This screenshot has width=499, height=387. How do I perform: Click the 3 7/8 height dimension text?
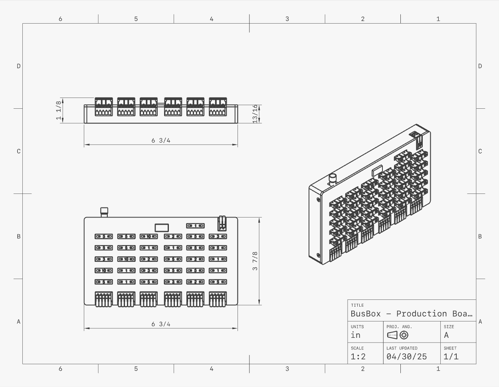point(255,261)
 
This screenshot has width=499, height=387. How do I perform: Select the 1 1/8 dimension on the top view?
point(59,110)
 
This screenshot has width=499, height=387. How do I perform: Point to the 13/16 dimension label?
point(255,114)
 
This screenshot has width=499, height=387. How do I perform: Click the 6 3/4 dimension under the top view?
point(161,140)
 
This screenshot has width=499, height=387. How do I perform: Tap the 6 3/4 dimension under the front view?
point(161,324)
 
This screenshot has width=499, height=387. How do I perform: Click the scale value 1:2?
point(358,357)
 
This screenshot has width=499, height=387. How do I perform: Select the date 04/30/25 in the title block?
point(406,357)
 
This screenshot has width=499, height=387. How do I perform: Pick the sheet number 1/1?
point(451,357)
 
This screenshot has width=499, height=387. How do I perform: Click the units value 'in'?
point(355,335)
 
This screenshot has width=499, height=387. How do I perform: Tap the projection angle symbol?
point(398,335)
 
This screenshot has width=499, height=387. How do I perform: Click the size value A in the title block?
point(446,335)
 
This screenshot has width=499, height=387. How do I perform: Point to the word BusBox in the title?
point(366,314)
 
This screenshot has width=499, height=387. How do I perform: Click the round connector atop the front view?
point(104,212)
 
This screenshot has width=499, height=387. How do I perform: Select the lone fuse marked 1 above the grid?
point(195,226)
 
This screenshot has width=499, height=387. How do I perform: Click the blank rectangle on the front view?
point(161,227)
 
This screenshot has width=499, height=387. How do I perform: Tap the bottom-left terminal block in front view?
point(103,299)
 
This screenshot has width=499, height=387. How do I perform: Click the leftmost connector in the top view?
point(103,107)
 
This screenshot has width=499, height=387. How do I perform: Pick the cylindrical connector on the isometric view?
point(332,180)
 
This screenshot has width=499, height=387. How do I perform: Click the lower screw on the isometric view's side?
point(318,255)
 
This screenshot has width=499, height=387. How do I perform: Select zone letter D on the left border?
point(18,66)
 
